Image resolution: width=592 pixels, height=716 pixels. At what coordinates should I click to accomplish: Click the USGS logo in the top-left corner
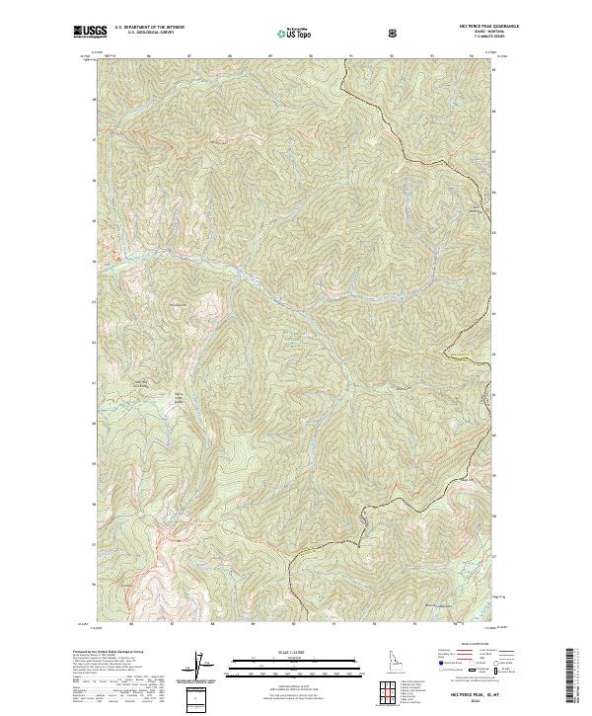(90, 32)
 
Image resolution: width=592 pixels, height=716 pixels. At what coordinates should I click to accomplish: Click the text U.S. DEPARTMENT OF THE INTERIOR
(149, 29)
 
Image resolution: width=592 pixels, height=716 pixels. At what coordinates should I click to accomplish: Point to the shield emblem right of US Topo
(395, 34)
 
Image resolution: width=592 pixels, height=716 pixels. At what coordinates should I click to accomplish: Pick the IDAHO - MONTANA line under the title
(477, 33)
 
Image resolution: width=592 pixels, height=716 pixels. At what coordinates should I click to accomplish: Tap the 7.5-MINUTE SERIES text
(477, 38)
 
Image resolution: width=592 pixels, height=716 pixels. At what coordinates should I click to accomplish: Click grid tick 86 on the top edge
(148, 56)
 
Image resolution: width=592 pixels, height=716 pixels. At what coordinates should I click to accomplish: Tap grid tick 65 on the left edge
(95, 262)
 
